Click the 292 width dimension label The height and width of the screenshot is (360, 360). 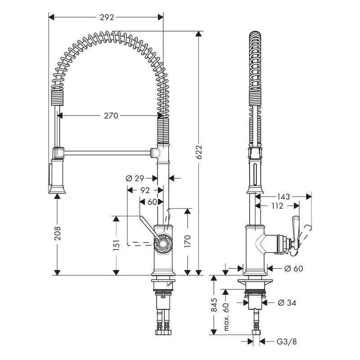pyautogui.click(x=107, y=17)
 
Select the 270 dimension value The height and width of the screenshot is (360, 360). pyautogui.click(x=111, y=116)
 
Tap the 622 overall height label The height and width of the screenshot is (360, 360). pyautogui.click(x=199, y=152)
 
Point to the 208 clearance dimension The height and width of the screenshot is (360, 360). pyautogui.click(x=57, y=233)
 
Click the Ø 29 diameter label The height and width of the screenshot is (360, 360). pyautogui.click(x=135, y=178)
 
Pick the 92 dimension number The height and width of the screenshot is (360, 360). pyautogui.click(x=145, y=190)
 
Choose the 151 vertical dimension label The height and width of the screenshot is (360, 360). pyautogui.click(x=117, y=245)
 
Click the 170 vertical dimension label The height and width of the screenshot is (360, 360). pyautogui.click(x=188, y=241)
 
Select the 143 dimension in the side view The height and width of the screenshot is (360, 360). pyautogui.click(x=284, y=197)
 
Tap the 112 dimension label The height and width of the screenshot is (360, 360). pyautogui.click(x=277, y=206)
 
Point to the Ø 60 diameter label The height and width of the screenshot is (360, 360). pyautogui.click(x=294, y=268)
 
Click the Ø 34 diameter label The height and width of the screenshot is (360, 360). pyautogui.click(x=287, y=303)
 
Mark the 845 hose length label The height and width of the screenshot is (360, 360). pyautogui.click(x=214, y=305)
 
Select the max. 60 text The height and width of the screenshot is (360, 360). pyautogui.click(x=226, y=317)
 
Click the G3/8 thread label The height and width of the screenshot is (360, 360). pyautogui.click(x=287, y=342)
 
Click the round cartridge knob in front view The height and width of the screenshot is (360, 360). pyautogui.click(x=163, y=243)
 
